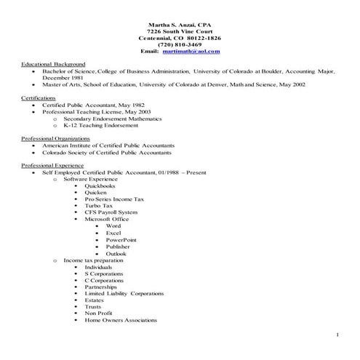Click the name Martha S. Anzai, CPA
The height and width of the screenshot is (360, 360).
180,25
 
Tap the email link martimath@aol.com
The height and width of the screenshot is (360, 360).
191,52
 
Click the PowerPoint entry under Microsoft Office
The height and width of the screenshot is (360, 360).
121,240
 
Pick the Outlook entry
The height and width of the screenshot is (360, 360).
116,253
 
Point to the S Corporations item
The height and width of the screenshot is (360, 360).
103,273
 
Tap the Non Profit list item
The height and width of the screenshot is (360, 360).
98,313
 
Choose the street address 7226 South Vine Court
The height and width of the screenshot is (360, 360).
180,31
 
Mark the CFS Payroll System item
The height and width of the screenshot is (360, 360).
110,212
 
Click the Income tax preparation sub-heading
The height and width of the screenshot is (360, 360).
93,260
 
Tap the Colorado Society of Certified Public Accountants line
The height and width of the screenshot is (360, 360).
107,153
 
